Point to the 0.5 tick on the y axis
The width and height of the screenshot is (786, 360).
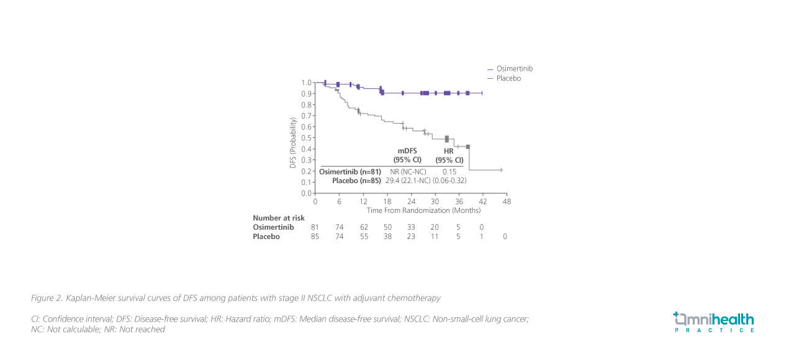[x=307, y=138]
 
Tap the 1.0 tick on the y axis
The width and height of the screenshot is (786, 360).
[x=307, y=83]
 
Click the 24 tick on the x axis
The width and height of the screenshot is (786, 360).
[x=411, y=202]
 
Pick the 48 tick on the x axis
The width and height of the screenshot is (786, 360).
[x=507, y=202]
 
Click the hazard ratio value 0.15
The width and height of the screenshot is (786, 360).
[x=449, y=171]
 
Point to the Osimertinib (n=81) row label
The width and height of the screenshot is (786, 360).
[x=350, y=171]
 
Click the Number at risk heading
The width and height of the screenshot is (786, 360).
[x=279, y=218]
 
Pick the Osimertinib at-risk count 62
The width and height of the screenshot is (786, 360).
[x=364, y=228]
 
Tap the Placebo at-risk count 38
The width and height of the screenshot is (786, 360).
[x=387, y=236]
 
